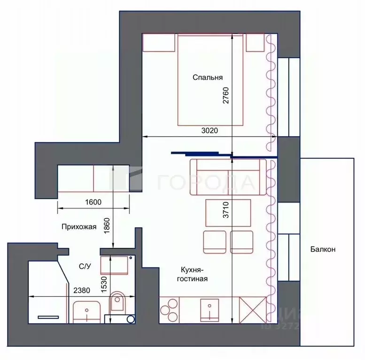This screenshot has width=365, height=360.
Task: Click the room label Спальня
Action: (x=207, y=78)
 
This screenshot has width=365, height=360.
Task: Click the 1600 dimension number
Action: (x=93, y=202)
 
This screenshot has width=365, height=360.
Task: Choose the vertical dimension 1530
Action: (x=103, y=283)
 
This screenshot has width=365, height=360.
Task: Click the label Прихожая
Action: (x=78, y=227)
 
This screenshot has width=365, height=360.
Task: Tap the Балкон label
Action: (x=322, y=249)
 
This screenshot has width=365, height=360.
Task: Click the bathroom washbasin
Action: (x=86, y=310)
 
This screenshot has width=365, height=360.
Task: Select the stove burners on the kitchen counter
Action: (x=169, y=310)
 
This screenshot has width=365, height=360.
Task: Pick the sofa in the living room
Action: (x=228, y=177)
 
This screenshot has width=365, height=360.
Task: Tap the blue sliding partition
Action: (x=221, y=153)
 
